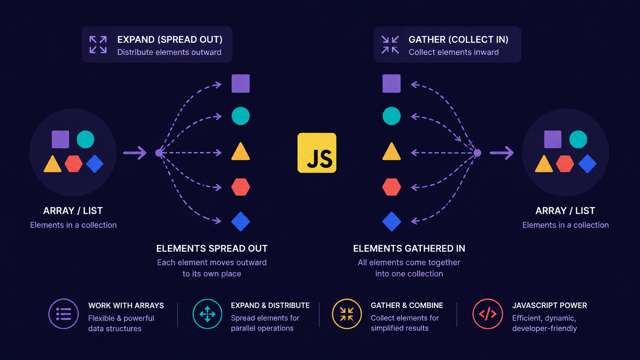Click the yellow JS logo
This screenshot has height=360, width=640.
(317, 153)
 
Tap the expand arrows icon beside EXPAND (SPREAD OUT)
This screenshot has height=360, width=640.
(98, 44)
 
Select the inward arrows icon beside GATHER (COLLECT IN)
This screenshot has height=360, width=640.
(390, 45)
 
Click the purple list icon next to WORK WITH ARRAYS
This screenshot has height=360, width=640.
(64, 314)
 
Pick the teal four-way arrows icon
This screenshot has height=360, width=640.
(207, 314)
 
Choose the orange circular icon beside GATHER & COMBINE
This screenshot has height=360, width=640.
(347, 314)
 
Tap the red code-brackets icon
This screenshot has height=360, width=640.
(488, 314)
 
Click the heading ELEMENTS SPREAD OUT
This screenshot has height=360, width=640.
(212, 248)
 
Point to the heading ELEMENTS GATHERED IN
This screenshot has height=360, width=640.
(409, 248)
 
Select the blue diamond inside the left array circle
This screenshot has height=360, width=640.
(95, 164)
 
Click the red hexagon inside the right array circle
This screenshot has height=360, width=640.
(565, 164)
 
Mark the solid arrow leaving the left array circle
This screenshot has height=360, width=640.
(135, 153)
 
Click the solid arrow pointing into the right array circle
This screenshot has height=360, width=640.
(502, 153)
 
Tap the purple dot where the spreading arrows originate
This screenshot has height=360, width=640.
(159, 153)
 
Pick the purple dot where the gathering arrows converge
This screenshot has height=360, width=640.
(477, 153)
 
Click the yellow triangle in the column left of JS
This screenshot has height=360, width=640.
(240, 151)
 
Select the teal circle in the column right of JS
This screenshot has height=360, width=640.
(392, 116)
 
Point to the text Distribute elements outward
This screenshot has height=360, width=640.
(169, 52)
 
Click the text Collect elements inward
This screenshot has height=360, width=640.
(454, 52)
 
